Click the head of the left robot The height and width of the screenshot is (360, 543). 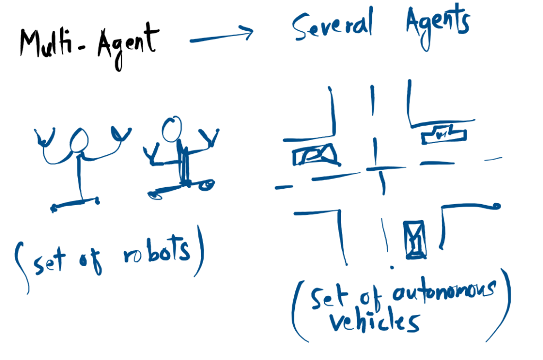click(x=80, y=141)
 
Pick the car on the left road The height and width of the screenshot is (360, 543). click(x=316, y=154)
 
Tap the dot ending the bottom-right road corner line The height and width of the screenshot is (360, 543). click(x=496, y=206)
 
